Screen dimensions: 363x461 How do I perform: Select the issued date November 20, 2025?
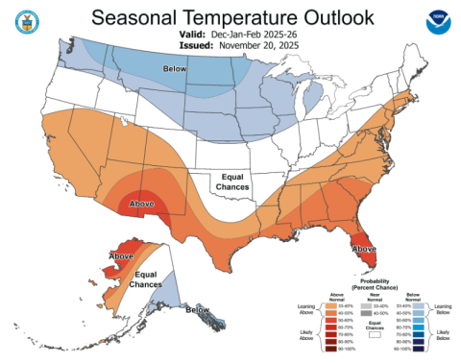pyautogui.click(x=255, y=44)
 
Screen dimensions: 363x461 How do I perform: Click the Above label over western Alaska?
pyautogui.click(x=121, y=256)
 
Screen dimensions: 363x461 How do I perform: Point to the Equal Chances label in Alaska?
pyautogui.click(x=146, y=280)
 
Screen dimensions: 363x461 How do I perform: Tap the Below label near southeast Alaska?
pyautogui.click(x=198, y=310)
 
